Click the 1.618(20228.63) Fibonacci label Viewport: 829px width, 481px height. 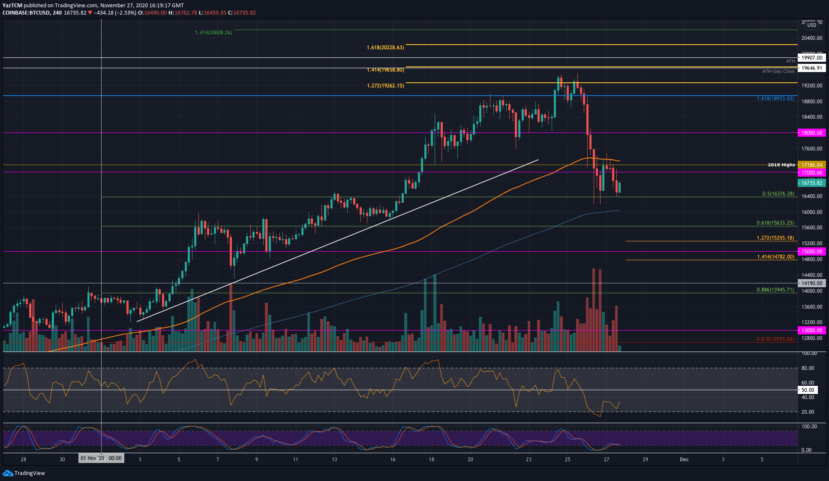tap(385, 48)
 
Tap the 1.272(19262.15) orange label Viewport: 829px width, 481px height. tap(385, 86)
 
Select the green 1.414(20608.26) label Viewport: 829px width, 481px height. tap(213, 33)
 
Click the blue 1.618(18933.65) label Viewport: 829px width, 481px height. tap(775, 99)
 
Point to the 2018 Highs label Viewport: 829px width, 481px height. tap(781, 165)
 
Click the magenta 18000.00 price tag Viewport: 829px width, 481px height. tap(811, 133)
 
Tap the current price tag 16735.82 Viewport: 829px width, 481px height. tap(811, 183)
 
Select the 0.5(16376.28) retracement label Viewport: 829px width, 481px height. tap(778, 194)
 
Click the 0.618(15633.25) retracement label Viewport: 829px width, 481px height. tap(775, 223)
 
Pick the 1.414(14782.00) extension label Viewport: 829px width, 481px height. tap(775, 257)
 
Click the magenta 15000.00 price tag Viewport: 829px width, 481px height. tap(811, 252)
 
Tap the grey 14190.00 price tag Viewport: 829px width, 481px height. tap(811, 283)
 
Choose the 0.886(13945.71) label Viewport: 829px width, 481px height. tap(775, 290)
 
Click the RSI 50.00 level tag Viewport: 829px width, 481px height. tap(808, 390)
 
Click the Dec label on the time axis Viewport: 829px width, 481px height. tap(684, 460)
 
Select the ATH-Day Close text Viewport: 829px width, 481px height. tap(778, 72)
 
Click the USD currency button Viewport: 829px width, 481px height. tap(811, 25)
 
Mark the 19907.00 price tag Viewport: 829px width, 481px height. tap(811, 58)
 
